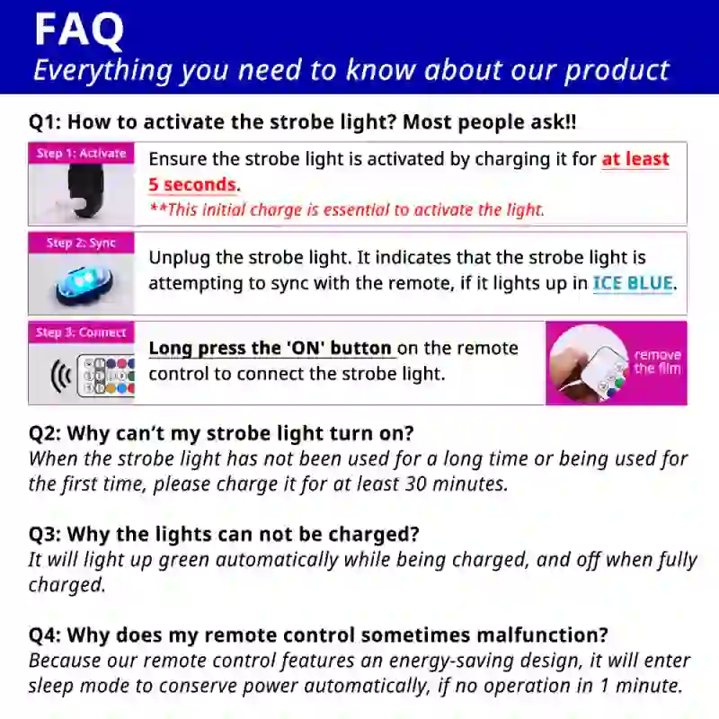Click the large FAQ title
pyautogui.click(x=78, y=29)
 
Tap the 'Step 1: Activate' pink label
pyautogui.click(x=81, y=153)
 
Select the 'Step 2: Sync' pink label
pyautogui.click(x=81, y=243)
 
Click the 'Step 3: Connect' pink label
pyautogui.click(x=81, y=333)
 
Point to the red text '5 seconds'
pyautogui.click(x=192, y=185)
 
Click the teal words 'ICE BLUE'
pyautogui.click(x=633, y=283)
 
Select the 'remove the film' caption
pyautogui.click(x=657, y=361)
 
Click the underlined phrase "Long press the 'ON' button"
pyautogui.click(x=271, y=349)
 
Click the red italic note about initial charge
pyautogui.click(x=346, y=210)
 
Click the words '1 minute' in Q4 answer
pyautogui.click(x=639, y=687)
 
